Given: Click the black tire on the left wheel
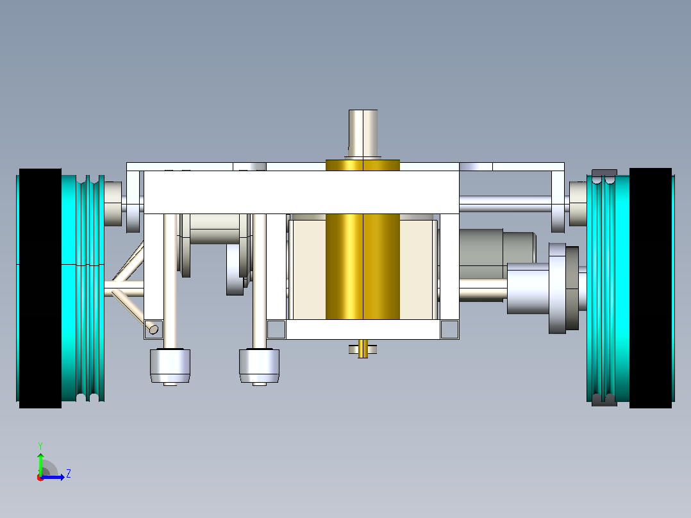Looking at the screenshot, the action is tap(40, 288).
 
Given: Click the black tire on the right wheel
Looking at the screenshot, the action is tap(651, 288).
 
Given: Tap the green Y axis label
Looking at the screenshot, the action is tap(40, 446).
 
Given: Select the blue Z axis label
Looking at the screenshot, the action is tap(69, 474).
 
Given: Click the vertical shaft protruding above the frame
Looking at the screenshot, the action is tap(363, 134).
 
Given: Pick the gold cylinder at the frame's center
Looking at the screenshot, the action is tap(363, 240).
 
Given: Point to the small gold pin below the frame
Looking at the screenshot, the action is tap(363, 349).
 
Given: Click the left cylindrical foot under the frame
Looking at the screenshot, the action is tap(170, 366).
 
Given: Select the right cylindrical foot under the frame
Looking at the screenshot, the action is tap(259, 366).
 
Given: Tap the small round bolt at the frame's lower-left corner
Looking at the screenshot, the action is tap(153, 329).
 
